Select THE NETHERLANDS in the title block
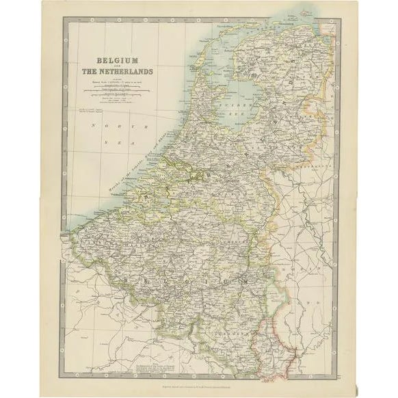point(114,72)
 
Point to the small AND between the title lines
point(114,66)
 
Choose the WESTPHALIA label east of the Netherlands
point(315,165)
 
